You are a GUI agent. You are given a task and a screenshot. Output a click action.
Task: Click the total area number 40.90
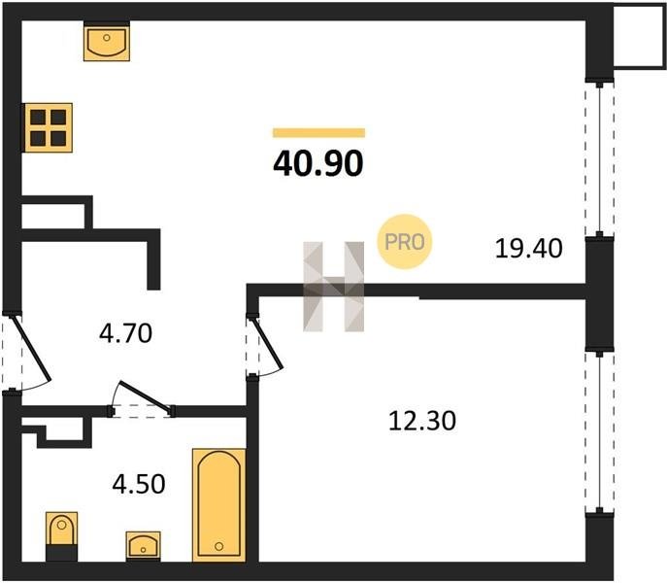(x=318, y=163)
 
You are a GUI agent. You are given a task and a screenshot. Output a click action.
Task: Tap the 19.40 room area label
(x=529, y=249)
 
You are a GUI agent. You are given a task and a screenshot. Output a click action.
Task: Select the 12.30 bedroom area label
(x=422, y=421)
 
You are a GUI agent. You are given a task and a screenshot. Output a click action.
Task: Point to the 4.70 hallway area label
(x=125, y=333)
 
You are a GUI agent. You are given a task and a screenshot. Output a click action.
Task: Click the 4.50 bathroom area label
(x=139, y=484)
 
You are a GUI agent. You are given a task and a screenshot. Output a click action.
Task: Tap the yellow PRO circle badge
(x=405, y=242)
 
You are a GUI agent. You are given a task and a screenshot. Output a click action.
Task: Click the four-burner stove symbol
(x=48, y=127)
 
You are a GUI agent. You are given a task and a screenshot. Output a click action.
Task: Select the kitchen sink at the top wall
(x=107, y=42)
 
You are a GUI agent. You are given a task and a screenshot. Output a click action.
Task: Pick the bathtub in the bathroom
(x=219, y=505)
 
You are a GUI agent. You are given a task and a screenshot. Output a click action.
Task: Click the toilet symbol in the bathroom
(x=62, y=536)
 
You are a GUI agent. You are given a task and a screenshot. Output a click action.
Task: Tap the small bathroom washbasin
(x=144, y=546)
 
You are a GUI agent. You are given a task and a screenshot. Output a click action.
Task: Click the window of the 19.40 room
(x=599, y=158)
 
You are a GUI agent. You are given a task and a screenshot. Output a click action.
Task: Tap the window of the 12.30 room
(x=599, y=432)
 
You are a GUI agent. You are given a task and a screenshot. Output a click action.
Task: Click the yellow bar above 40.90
(x=318, y=133)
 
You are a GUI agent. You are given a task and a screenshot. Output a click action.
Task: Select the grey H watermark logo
(x=334, y=287)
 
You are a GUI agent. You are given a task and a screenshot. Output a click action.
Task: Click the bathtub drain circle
(x=219, y=546)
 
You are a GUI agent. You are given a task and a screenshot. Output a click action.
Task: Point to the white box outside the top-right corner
(x=640, y=37)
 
